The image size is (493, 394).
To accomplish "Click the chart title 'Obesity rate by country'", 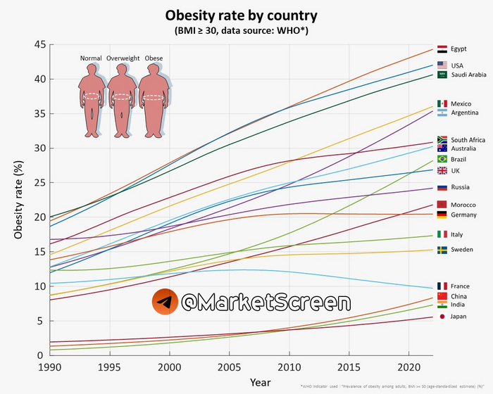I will (x=242, y=15).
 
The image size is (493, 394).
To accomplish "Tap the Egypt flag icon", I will (x=442, y=50).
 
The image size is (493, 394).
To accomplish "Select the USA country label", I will (x=458, y=65).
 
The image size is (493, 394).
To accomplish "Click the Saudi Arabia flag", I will (x=442, y=74).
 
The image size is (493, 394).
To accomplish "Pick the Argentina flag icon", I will (x=442, y=113).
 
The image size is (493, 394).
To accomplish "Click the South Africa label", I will (x=468, y=140).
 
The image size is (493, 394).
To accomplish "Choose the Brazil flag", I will (x=442, y=159).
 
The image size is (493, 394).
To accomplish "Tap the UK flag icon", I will (x=442, y=171).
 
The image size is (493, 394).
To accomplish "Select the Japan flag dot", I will (x=442, y=317).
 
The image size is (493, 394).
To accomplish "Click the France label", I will (x=461, y=286).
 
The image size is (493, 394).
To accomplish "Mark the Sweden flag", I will (x=442, y=250).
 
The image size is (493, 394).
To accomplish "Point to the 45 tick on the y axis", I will (x=38, y=44).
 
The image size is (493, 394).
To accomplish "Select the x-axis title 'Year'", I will (x=259, y=382).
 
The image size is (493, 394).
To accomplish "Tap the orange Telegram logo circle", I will (x=163, y=303).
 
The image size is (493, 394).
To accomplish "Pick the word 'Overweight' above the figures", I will (x=123, y=58).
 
